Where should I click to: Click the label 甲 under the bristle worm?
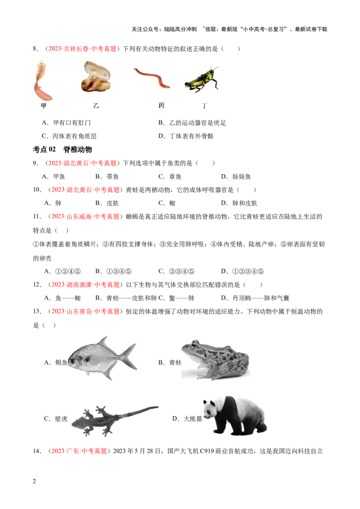pos(44,106)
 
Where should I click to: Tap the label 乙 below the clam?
pos(96,106)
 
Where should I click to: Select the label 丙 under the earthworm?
pos(162,106)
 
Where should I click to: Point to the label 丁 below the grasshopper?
pos(205,106)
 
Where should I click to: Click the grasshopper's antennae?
pos(215,68)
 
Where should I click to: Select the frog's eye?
pos(194,346)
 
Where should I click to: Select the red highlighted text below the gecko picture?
pos(79,451)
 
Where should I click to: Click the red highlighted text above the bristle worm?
pos(82,49)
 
